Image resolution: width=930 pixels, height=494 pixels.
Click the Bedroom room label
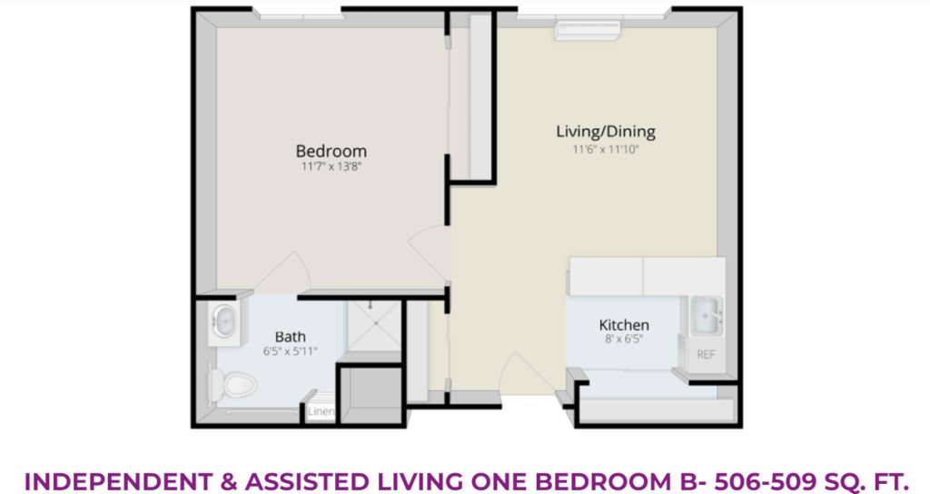pyautogui.click(x=331, y=151)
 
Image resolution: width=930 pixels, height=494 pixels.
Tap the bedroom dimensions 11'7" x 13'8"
pyautogui.click(x=331, y=167)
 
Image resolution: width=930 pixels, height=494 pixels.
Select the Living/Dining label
pyautogui.click(x=606, y=132)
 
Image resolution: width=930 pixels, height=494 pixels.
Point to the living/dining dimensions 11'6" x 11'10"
pyautogui.click(x=606, y=150)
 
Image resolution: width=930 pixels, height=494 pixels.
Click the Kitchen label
pyautogui.click(x=624, y=325)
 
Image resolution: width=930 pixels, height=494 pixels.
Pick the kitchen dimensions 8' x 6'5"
pyautogui.click(x=624, y=340)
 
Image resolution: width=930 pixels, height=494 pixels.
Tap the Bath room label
pyautogui.click(x=291, y=337)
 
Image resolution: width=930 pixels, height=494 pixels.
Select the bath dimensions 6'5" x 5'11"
pyautogui.click(x=291, y=351)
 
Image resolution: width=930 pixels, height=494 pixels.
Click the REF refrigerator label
pyautogui.click(x=706, y=355)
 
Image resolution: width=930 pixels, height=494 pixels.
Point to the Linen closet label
pyautogui.click(x=321, y=411)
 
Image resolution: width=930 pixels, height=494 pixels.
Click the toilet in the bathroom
pyautogui.click(x=232, y=384)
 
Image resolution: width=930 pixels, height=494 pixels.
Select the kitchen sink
pyautogui.click(x=707, y=315)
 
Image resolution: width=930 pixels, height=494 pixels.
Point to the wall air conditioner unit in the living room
pyautogui.click(x=588, y=30)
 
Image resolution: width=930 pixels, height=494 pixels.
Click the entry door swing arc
pyautogui.click(x=522, y=369)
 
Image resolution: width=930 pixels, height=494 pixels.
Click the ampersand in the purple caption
pyautogui.click(x=228, y=481)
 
